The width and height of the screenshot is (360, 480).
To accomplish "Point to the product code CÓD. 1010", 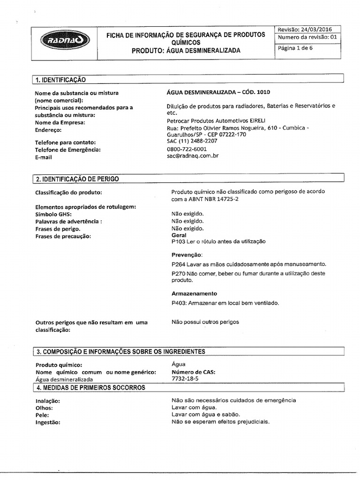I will pyautogui.click(x=255, y=92).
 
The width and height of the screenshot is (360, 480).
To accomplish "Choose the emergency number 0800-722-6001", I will pyautogui.click(x=187, y=149).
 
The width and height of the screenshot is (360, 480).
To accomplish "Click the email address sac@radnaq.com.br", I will pyautogui.click(x=193, y=157).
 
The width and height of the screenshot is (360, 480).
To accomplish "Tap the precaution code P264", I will pyautogui.click(x=179, y=264).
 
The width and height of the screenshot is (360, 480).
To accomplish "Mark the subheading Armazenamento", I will pyautogui.click(x=194, y=293).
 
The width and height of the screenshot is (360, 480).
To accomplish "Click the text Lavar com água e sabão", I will pyautogui.click(x=206, y=414).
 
